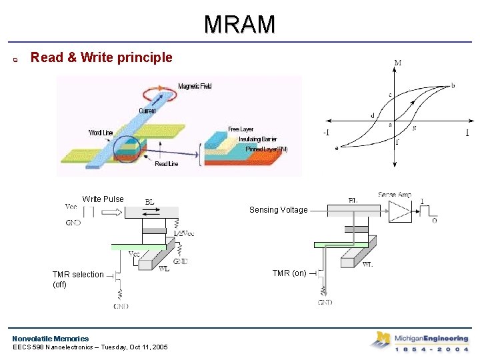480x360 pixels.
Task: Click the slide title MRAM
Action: pos(239,25)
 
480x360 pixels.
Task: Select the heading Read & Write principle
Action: pos(101,57)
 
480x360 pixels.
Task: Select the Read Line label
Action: pos(166,164)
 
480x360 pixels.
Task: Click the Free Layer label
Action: pos(241,129)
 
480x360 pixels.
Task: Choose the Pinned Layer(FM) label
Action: pos(266,149)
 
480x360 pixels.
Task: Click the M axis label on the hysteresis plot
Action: pos(397,63)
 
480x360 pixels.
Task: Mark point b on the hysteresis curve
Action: pos(453,85)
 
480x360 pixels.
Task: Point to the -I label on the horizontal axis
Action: pos(326,132)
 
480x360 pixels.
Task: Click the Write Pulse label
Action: pos(103,199)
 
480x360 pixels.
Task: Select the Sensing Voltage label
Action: pos(278,210)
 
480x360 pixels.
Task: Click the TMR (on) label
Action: pos(290,273)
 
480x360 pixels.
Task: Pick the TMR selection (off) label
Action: pos(77,279)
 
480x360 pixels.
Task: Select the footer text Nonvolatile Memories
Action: pos(50,339)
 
